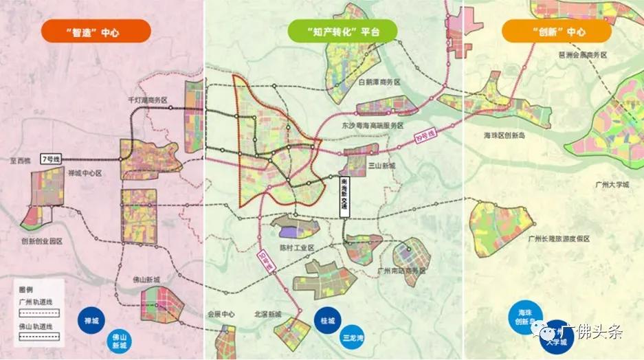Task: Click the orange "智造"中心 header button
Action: pyautogui.click(x=95, y=32)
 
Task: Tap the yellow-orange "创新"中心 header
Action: pyautogui.click(x=556, y=32)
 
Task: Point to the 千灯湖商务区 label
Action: pyautogui.click(x=148, y=100)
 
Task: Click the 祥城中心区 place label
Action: pyautogui.click(x=85, y=174)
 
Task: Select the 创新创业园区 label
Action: pyautogui.click(x=42, y=241)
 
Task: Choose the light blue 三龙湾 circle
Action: pyautogui.click(x=354, y=338)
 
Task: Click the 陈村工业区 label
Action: pyautogui.click(x=296, y=247)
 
